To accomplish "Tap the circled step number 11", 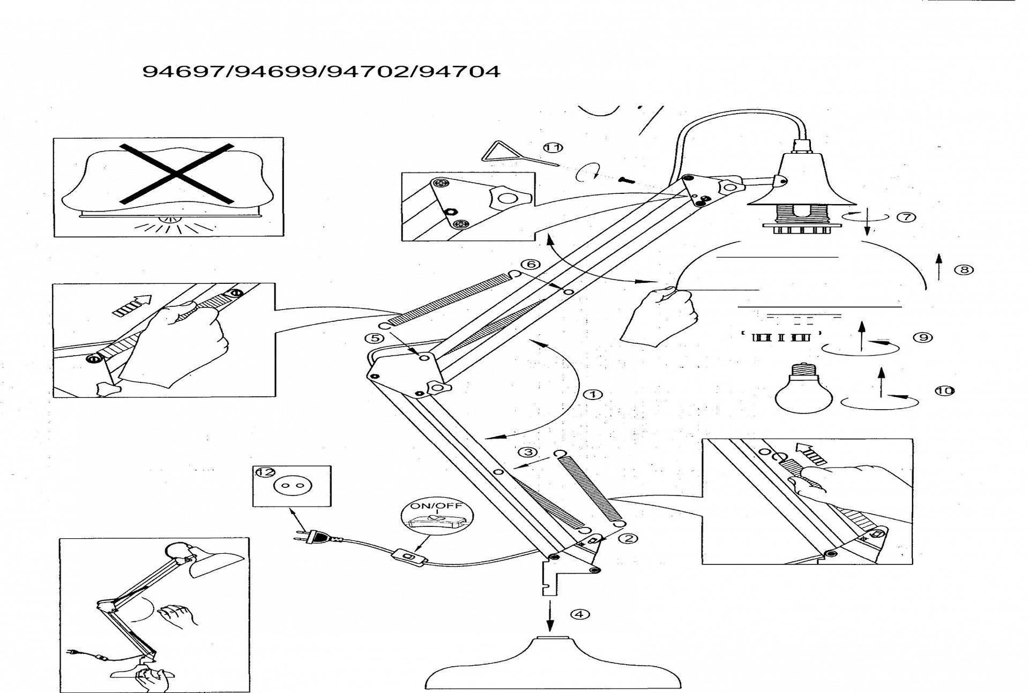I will tap(553, 147).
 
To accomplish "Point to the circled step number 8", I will tap(964, 269).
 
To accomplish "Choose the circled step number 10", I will tap(945, 390).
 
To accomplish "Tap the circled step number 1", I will tap(593, 395).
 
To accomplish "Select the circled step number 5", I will tap(374, 338).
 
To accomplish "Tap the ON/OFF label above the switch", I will tap(436, 506).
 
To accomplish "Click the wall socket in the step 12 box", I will tap(292, 486).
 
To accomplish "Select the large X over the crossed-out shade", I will tap(177, 174).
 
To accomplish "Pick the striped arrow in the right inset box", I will tap(810, 455).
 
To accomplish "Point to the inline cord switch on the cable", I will tap(410, 557).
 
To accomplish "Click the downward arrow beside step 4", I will tap(549, 616).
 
